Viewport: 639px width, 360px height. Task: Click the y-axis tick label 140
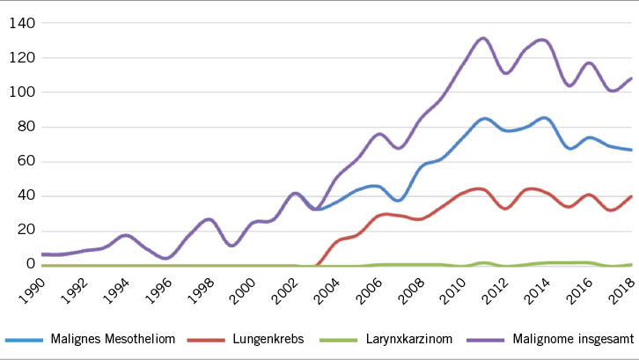(19, 23)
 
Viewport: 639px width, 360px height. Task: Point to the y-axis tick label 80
(23, 127)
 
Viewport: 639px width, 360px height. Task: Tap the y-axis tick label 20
(23, 230)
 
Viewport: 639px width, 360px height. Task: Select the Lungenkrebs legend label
(275, 339)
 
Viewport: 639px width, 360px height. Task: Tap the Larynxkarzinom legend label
(404, 339)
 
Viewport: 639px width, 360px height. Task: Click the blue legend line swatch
(26, 340)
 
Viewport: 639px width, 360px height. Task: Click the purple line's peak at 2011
(482, 38)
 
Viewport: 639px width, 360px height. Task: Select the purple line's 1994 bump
(126, 235)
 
